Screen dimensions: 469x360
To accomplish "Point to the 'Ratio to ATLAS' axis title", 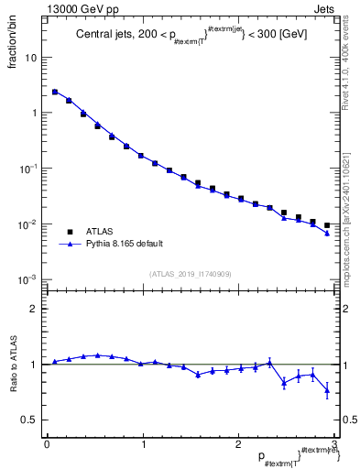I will click(16, 364).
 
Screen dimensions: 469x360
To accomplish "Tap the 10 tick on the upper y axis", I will click(30, 57).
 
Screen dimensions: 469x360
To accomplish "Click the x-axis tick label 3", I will click(334, 444).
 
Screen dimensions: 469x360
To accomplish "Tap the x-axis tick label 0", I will click(47, 444).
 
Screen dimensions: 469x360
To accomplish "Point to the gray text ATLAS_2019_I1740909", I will click(191, 274).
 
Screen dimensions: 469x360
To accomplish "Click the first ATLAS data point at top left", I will click(55, 92).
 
